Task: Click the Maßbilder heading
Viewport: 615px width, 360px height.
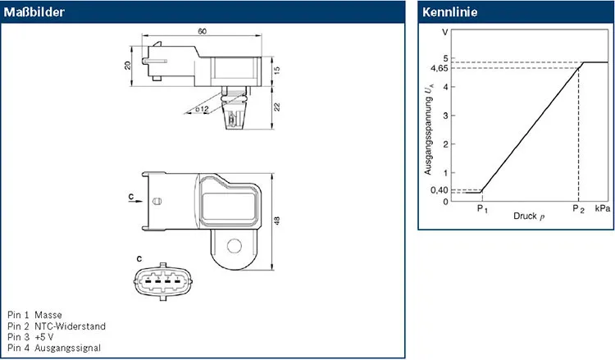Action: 35,12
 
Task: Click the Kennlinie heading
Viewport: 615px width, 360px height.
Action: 449,12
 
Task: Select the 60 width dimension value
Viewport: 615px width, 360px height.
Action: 201,30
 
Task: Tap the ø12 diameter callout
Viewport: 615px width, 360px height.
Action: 203,108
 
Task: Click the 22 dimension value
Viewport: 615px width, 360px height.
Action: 276,107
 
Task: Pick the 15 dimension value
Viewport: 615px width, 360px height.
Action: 276,71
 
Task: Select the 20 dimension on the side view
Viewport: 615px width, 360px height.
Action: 128,65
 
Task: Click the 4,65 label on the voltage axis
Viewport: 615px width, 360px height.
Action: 440,68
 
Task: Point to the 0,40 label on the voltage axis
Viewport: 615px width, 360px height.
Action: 440,190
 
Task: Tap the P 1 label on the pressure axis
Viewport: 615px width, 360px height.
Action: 481,209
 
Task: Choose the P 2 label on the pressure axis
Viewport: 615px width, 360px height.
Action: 578,209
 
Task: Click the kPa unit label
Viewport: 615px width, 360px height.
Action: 602,209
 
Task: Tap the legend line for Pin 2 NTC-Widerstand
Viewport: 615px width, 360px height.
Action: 56,326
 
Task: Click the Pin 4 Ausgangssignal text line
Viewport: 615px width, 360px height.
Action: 53,348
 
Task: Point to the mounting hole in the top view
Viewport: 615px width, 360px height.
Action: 235,245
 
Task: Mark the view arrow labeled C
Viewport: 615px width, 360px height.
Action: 134,198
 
